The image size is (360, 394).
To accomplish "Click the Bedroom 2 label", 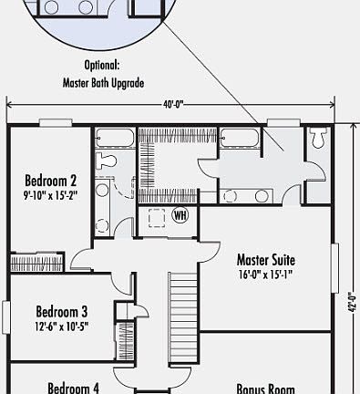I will [50, 180].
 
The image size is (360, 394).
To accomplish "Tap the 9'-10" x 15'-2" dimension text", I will [50, 193].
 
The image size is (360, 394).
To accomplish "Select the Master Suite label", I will [265, 258].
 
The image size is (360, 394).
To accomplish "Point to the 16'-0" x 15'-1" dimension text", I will [265, 273].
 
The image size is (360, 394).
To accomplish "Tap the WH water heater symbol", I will [180, 215].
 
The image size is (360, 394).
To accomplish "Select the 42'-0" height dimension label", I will [351, 302].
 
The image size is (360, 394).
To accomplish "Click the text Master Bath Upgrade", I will [102, 80].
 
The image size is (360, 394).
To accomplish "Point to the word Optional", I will [103, 66].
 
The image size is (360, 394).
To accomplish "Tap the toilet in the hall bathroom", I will [108, 161].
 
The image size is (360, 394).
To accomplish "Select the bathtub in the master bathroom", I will [241, 139].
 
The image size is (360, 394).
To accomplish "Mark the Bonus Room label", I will [265, 388].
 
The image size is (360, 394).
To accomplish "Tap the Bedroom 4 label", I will [73, 388].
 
